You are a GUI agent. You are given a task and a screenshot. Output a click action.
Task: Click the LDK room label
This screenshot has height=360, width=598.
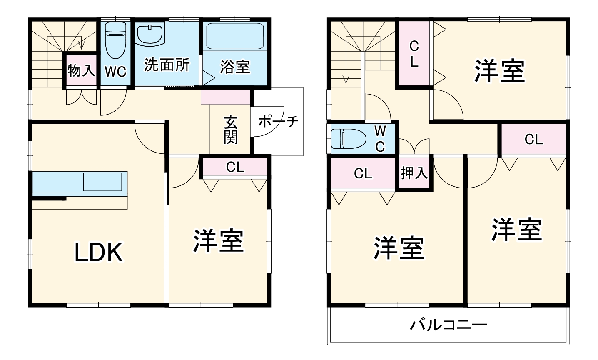pyautogui.click(x=99, y=252)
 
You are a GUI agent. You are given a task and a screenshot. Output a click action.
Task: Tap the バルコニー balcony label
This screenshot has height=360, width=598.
pyautogui.click(x=448, y=325)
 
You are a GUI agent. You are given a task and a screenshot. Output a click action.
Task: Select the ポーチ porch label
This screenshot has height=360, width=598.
pyautogui.click(x=278, y=121)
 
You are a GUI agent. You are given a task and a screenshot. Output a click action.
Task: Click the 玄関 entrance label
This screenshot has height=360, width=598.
pyautogui.click(x=230, y=130)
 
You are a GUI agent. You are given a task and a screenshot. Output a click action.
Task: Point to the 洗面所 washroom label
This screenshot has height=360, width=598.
pyautogui.click(x=167, y=65)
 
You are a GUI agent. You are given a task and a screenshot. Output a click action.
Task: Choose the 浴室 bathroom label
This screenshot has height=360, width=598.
pyautogui.click(x=235, y=67)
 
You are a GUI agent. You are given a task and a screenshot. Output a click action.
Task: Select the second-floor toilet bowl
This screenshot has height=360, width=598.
pyautogui.click(x=348, y=138)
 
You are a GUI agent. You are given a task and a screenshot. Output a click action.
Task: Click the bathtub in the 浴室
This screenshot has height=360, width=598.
pyautogui.click(x=236, y=37)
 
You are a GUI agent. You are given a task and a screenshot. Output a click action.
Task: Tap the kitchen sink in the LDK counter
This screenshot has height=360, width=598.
pyautogui.click(x=102, y=182)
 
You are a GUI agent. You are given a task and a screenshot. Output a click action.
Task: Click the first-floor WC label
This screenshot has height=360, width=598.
pyautogui.click(x=115, y=72)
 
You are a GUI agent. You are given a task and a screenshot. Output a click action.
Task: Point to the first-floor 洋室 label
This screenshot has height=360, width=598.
pyautogui.click(x=218, y=241)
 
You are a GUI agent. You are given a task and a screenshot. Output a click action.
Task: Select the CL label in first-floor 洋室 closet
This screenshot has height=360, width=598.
pyautogui.click(x=235, y=167)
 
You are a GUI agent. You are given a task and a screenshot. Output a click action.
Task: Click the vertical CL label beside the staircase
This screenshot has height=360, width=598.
pyautogui.click(x=414, y=54)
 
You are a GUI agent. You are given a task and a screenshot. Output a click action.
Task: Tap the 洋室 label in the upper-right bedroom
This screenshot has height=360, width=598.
pyautogui.click(x=499, y=71)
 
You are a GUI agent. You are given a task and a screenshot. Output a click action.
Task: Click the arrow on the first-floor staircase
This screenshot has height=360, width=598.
pyautogui.click(x=82, y=44)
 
